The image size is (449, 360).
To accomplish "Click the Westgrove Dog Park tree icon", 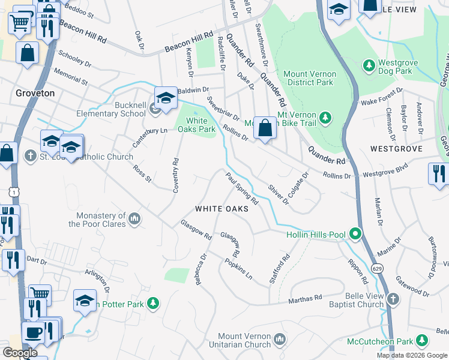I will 368,64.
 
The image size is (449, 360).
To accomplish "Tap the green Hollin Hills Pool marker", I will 355,233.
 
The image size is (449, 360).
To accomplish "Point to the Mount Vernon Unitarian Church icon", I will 279,340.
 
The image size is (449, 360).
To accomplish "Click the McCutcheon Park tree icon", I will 423,341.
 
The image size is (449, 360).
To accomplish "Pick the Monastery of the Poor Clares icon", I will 135,220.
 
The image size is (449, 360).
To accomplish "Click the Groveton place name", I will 35,94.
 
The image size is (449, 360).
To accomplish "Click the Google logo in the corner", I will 20,353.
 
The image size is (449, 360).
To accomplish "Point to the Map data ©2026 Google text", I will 412,355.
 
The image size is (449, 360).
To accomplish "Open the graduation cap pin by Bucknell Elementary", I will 166,98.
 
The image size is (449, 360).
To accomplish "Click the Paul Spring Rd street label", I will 241,188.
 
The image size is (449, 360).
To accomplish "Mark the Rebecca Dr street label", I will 200,268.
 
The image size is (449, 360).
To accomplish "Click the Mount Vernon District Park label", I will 309,77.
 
